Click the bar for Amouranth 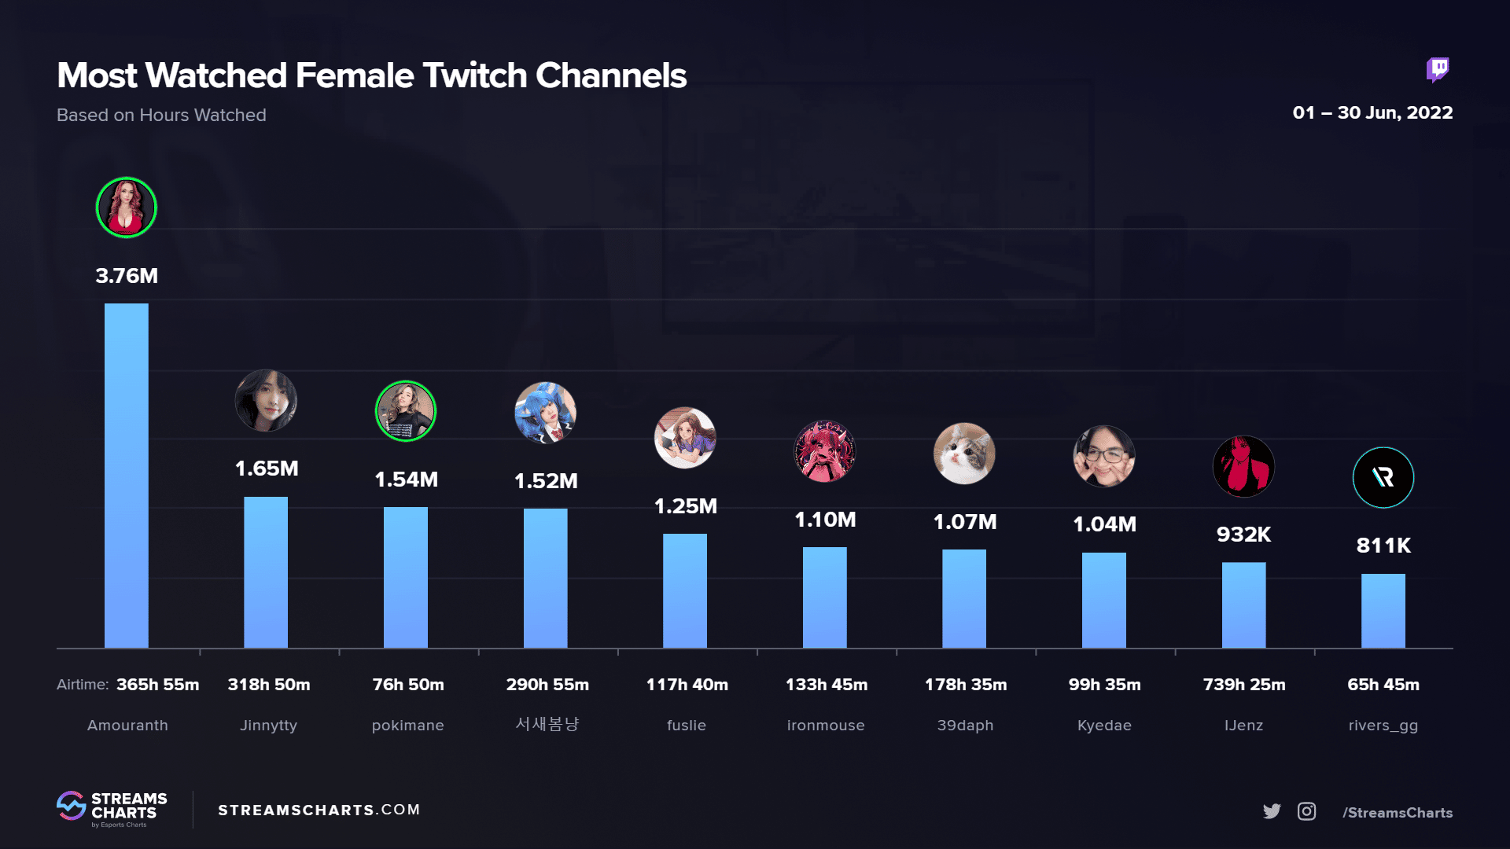[x=127, y=476]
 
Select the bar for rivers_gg [x=1383, y=611]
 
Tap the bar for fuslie [x=685, y=590]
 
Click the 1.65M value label [x=267, y=469]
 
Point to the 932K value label [x=1243, y=535]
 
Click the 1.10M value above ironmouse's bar [x=825, y=520]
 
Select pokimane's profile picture [x=406, y=411]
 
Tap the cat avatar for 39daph [x=964, y=454]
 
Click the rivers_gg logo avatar [x=1383, y=477]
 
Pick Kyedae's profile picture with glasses [x=1104, y=456]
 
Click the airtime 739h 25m [x=1244, y=685]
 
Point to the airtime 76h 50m [x=408, y=685]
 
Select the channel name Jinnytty [x=268, y=726]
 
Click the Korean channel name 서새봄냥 [x=547, y=724]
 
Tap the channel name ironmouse [x=826, y=726]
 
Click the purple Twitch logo [x=1438, y=70]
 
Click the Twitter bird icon [x=1272, y=811]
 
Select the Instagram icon [x=1306, y=811]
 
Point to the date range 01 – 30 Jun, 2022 [x=1372, y=113]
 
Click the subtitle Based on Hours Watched [x=161, y=116]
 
